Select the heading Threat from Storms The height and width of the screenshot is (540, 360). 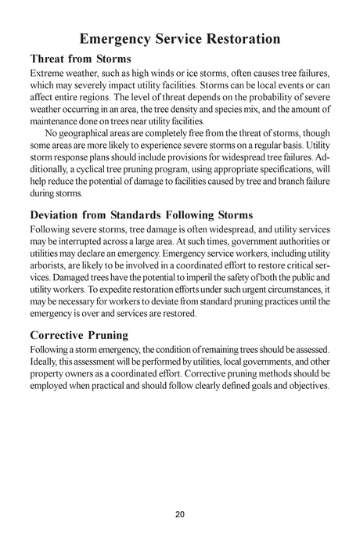click(80, 59)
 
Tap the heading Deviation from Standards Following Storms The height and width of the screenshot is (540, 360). click(142, 214)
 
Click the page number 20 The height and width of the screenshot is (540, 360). click(180, 514)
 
